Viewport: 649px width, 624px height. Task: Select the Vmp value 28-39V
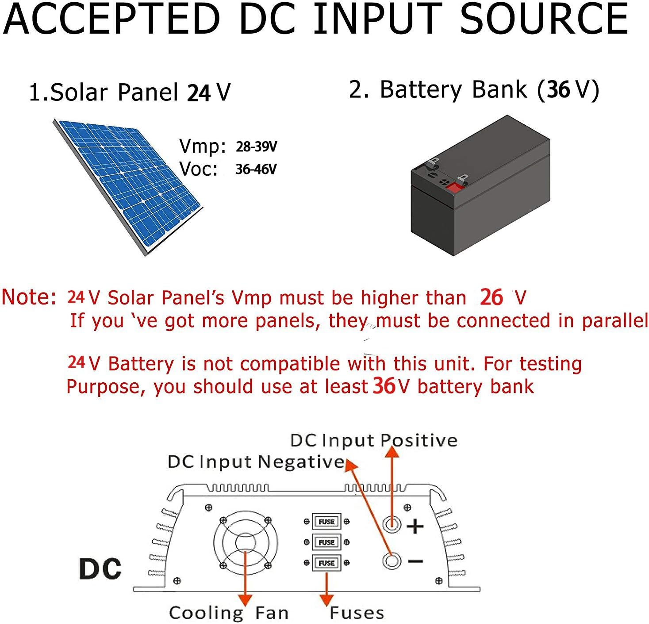point(256,146)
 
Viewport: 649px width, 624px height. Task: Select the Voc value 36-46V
point(256,169)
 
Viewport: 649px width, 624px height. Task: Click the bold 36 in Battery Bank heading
point(558,89)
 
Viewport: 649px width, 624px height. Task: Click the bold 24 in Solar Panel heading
point(199,93)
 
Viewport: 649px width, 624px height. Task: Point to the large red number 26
point(491,297)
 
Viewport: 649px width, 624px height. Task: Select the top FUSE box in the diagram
point(326,521)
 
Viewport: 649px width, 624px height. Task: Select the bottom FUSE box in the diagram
point(326,563)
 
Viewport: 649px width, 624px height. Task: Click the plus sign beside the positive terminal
point(415,526)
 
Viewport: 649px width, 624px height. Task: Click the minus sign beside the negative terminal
point(415,561)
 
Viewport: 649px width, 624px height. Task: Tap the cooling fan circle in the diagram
point(246,543)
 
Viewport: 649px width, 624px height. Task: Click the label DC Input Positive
point(373,440)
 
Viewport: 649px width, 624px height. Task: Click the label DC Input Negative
point(256,462)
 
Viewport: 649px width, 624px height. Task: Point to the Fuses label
point(357,613)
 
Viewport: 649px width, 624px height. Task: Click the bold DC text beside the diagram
point(100,569)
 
